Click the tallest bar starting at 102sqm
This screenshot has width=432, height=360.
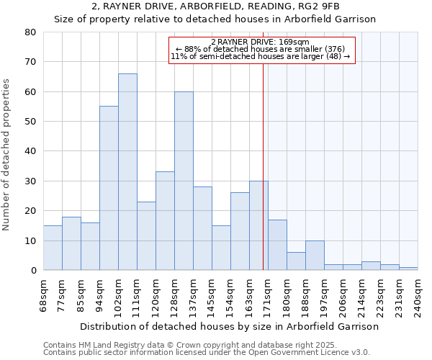click(x=127, y=172)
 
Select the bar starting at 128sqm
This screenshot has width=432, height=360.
click(x=184, y=181)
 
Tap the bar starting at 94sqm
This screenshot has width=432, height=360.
click(x=109, y=188)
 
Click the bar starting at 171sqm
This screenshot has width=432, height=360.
click(x=277, y=245)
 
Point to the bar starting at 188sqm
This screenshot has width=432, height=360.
click(x=315, y=256)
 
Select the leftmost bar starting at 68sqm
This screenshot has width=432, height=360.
click(x=53, y=248)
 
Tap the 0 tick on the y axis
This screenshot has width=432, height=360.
click(x=33, y=271)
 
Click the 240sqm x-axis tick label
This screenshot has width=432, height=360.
click(x=418, y=295)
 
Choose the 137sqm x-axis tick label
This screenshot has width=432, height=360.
click(x=193, y=295)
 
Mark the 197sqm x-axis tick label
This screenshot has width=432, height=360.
click(x=324, y=295)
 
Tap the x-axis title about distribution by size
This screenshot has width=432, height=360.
click(x=229, y=326)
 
